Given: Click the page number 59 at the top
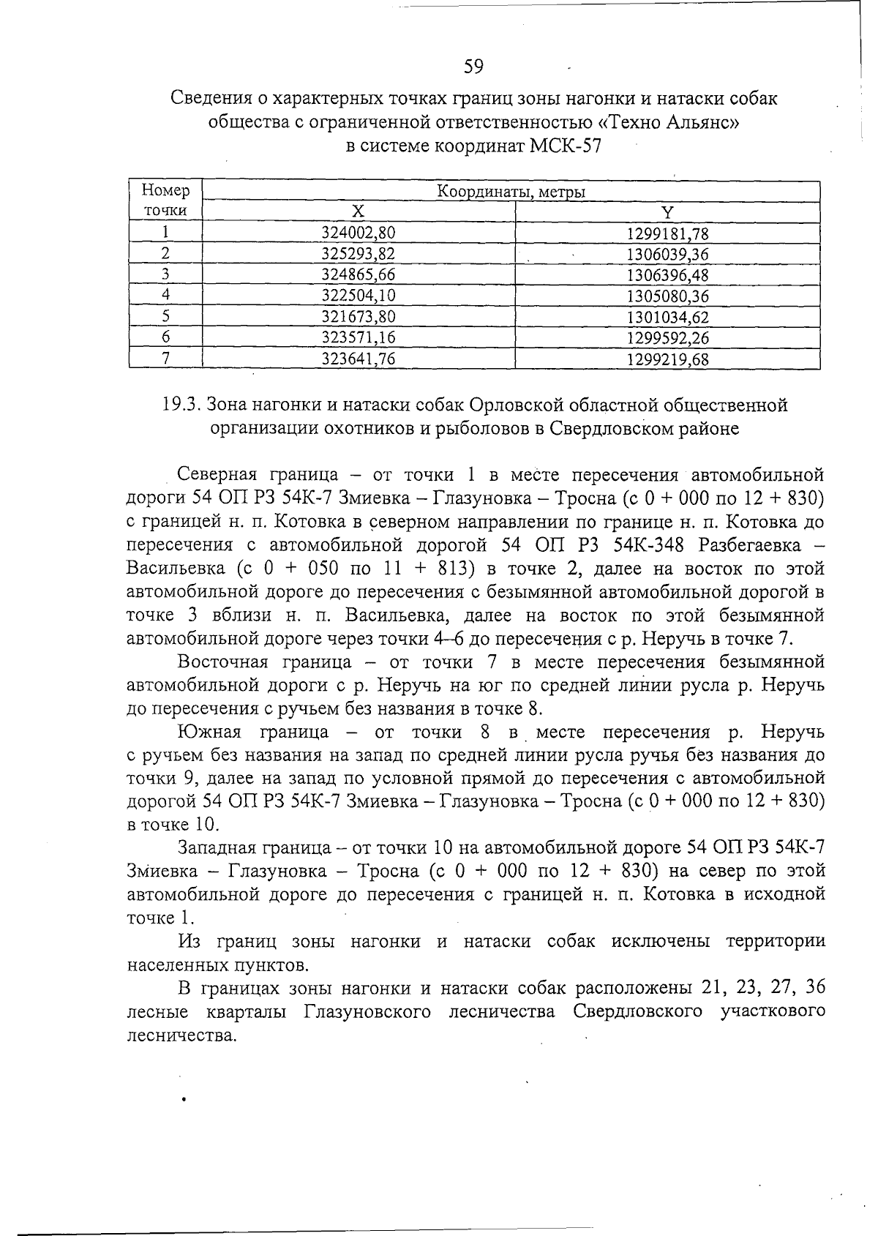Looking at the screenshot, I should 473,67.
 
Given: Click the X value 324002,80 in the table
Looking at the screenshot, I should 358,233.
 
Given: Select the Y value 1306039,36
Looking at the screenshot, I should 667,254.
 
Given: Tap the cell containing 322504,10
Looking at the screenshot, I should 358,296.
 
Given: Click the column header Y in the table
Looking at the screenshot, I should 667,212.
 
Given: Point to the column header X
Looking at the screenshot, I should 358,212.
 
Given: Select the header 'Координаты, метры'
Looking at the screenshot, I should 510,192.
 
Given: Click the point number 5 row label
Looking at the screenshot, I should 166,317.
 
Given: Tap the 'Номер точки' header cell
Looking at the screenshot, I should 165,201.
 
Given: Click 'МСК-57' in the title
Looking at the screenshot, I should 565,146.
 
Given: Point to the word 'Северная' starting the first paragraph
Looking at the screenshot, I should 217,474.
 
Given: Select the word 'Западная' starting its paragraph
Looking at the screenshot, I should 217,848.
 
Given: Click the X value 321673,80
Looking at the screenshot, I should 358,317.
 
